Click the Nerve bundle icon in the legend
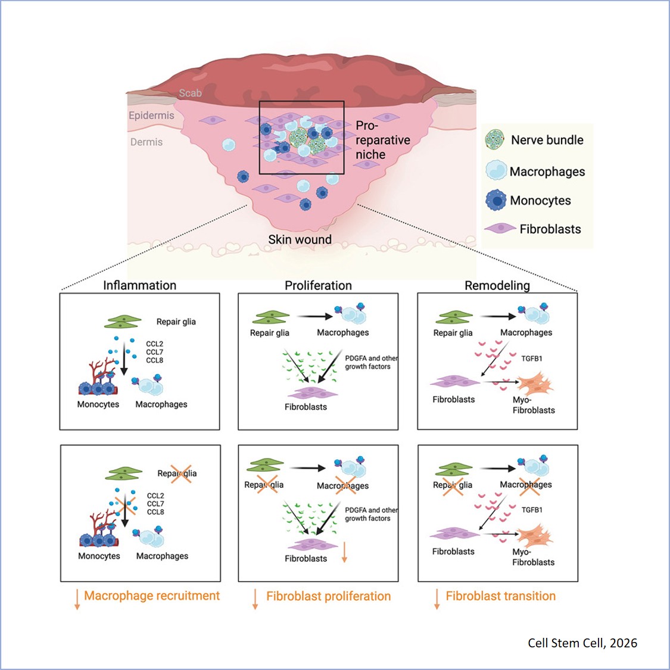point(495,140)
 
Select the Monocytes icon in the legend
point(496,201)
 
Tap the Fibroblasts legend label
point(550,229)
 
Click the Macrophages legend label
point(547,172)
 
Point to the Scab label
point(190,93)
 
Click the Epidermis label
point(151,115)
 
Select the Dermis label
point(147,142)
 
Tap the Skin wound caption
point(300,239)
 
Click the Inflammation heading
point(139,285)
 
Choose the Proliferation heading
point(318,285)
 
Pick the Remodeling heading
point(497,285)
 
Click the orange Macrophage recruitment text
point(152,596)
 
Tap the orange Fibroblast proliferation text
point(328,596)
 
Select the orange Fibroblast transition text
point(500,596)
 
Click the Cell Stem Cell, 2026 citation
point(582,643)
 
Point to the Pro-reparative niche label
point(382,140)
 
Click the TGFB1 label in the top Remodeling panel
point(532,359)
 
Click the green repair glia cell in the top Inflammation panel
point(123,322)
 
